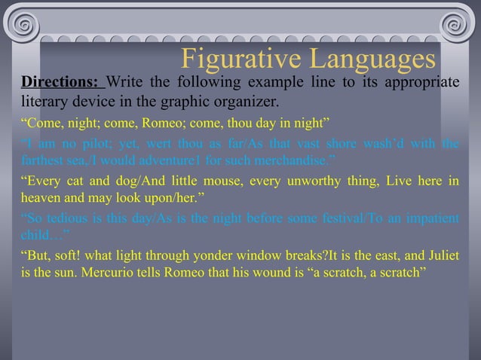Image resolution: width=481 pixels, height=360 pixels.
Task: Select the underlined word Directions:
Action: coord(59,82)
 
